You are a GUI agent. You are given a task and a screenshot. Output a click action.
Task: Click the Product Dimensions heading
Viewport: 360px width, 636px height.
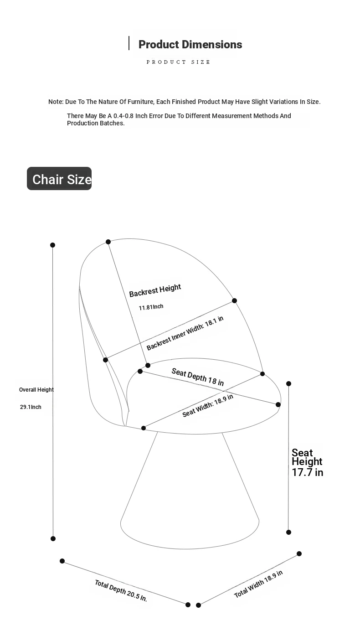point(190,45)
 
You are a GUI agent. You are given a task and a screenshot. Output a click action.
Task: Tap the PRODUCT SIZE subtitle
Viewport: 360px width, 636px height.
point(178,62)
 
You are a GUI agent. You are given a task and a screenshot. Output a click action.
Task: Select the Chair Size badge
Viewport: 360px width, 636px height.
point(59,179)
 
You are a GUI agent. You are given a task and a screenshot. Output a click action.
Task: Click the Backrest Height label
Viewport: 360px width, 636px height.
point(155,290)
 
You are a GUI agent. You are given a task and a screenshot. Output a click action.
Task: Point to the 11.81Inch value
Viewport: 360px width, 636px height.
point(151,307)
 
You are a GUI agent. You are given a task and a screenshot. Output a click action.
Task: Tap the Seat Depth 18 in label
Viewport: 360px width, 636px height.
point(197,377)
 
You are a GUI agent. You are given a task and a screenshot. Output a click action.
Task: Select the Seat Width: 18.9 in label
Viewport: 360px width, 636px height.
point(208,405)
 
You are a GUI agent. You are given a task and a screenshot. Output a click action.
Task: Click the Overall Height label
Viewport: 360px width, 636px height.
point(36,390)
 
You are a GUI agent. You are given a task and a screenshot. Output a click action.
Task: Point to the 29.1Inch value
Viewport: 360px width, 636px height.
point(31,407)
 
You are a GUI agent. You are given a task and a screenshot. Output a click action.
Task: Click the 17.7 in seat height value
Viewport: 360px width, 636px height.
point(308,473)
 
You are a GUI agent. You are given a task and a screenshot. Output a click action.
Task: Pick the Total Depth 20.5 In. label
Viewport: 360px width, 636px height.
point(121,591)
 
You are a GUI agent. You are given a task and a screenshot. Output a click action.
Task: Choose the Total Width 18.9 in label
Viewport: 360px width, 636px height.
point(258,584)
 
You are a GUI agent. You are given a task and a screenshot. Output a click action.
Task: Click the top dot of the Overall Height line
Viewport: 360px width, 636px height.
point(52,245)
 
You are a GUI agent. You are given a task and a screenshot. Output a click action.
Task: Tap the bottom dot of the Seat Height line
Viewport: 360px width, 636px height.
point(288,532)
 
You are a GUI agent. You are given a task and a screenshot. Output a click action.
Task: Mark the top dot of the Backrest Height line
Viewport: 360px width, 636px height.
point(108,242)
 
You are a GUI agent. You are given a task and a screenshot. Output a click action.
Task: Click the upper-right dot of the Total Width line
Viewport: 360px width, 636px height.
point(299,553)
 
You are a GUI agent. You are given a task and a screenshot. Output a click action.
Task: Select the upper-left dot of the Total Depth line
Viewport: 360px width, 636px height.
point(62,561)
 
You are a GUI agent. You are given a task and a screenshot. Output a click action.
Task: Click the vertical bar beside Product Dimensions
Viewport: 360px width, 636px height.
point(129,43)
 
